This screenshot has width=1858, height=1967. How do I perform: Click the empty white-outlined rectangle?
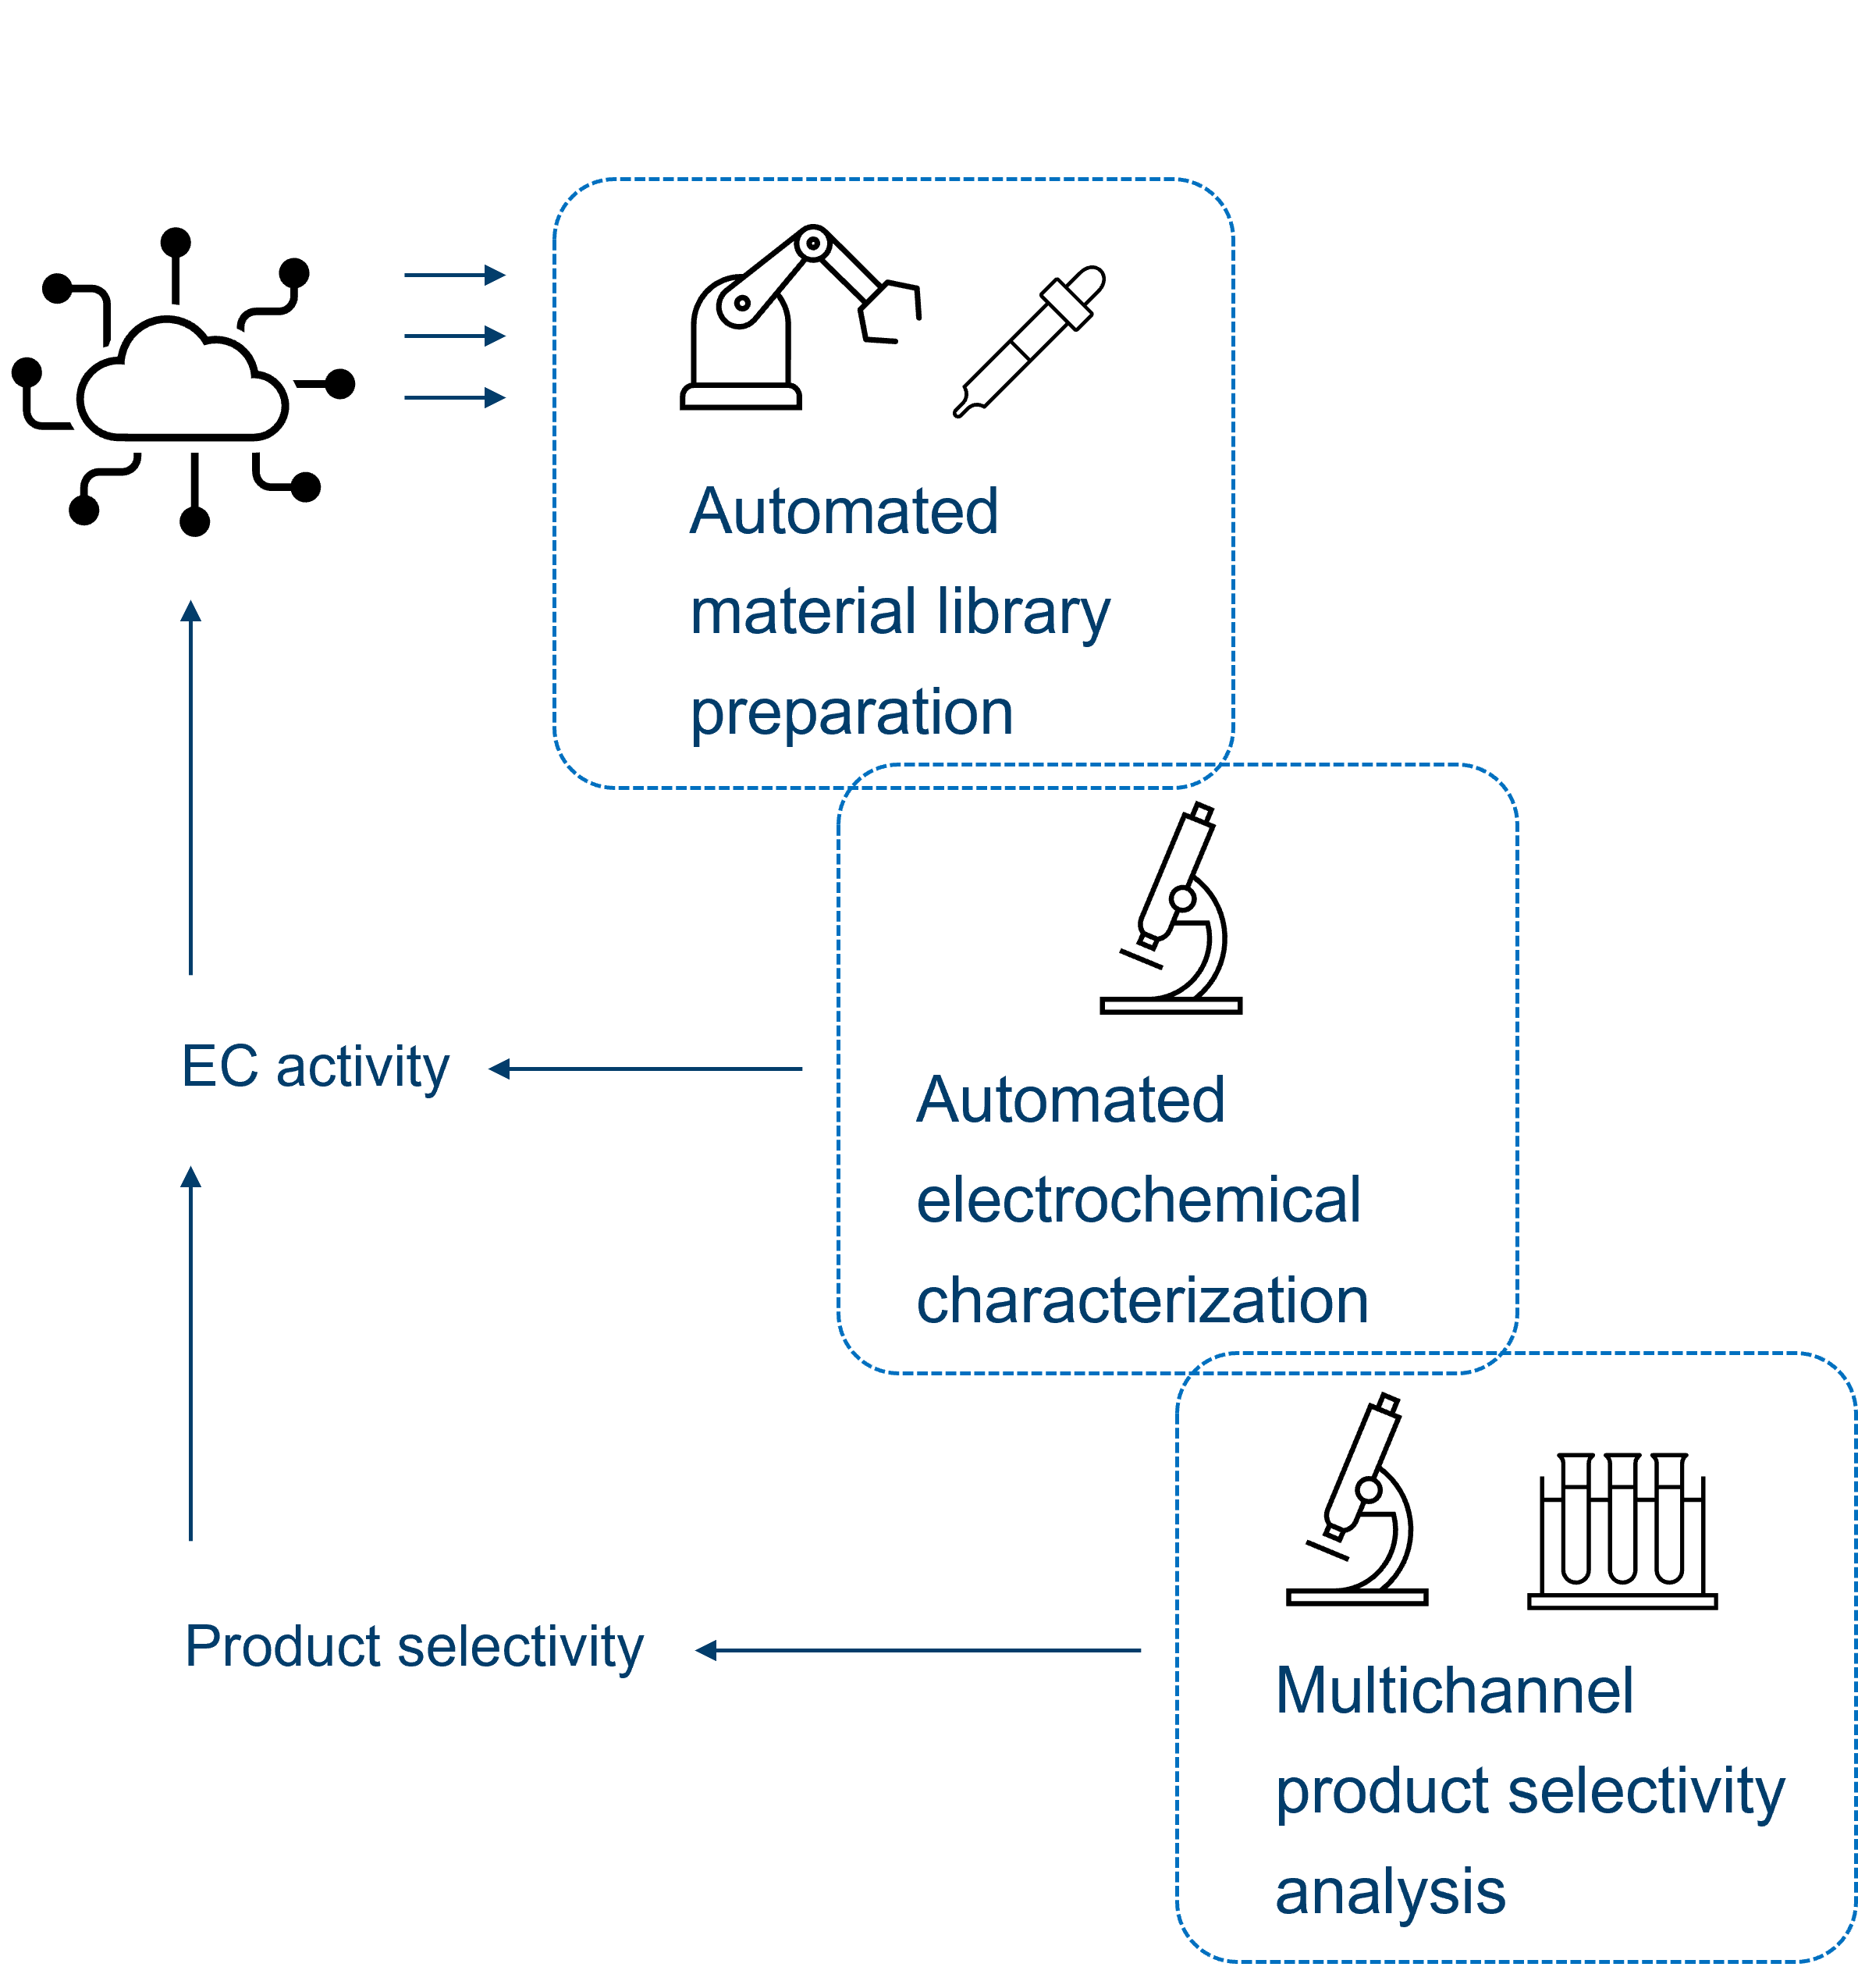click(257, 38)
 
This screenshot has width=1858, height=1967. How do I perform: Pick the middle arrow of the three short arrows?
click(455, 336)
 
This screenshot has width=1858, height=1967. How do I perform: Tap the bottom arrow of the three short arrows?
click(455, 398)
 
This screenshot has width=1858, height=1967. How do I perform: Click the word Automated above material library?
click(844, 512)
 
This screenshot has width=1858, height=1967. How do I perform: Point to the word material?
click(803, 611)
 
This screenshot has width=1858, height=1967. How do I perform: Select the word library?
click(1023, 613)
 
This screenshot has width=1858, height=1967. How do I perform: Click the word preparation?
click(852, 713)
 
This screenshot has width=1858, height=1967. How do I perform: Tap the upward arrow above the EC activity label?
click(191, 788)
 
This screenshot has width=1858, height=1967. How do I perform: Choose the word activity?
click(363, 1068)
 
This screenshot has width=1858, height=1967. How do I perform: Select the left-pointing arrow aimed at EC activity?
click(646, 1069)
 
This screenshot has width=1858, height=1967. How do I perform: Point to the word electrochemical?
click(1138, 1200)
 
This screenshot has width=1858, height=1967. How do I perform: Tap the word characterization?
click(1142, 1300)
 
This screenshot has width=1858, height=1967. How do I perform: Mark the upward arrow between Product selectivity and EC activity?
click(191, 1353)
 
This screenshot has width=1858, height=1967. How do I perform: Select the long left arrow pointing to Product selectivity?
click(918, 1650)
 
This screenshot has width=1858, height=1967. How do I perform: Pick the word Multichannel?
click(1454, 1691)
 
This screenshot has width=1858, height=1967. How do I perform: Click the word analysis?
click(1391, 1892)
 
